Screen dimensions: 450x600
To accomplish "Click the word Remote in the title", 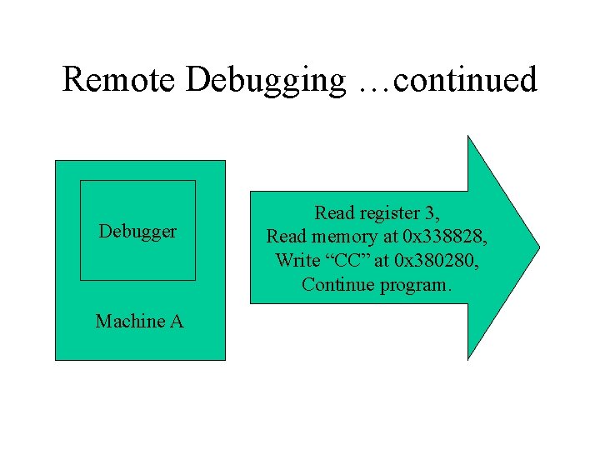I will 120,80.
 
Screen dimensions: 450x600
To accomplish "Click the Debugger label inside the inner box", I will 137,231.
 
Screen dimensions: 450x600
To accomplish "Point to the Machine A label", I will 139,321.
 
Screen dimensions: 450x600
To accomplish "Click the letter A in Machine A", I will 177,321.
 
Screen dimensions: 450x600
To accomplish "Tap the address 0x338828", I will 441,237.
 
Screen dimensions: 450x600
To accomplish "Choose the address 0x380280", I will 441,260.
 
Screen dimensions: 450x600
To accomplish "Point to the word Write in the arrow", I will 297,260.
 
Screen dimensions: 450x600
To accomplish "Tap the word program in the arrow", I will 413,284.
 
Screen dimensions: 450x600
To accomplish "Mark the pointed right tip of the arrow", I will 539,247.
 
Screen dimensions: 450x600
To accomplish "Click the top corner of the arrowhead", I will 468,136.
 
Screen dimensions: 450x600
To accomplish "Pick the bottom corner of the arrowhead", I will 468,359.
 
